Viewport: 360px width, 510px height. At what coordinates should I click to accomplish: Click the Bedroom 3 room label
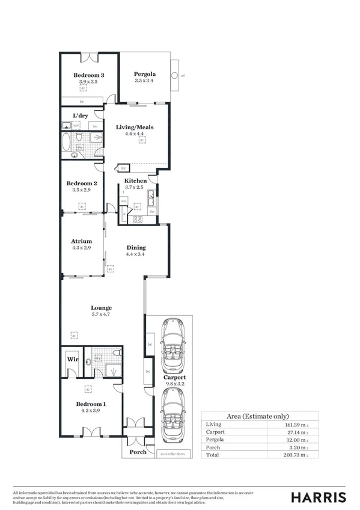(85, 75)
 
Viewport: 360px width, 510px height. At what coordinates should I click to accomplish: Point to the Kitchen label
(135, 180)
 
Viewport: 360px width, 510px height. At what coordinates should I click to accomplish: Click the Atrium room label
(81, 241)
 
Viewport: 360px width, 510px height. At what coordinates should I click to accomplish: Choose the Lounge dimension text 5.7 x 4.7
(102, 314)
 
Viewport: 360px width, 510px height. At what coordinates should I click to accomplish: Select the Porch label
(138, 452)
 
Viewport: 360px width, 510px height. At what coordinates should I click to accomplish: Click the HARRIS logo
(318, 497)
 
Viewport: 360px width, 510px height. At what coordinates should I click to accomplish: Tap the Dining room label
(136, 247)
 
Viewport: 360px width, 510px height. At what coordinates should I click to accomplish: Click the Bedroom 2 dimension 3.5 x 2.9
(82, 190)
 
